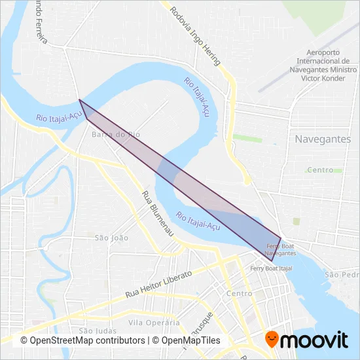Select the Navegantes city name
323,139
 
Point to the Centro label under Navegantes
320,170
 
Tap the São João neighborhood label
112,238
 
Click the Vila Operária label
154,323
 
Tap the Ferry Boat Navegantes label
281,249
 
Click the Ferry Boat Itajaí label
271,268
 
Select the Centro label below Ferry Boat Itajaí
238,294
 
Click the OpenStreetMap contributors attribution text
83,341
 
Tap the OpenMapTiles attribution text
191,341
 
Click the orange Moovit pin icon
271,339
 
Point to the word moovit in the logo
314,340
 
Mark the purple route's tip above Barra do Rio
79,100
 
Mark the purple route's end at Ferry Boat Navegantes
281,238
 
